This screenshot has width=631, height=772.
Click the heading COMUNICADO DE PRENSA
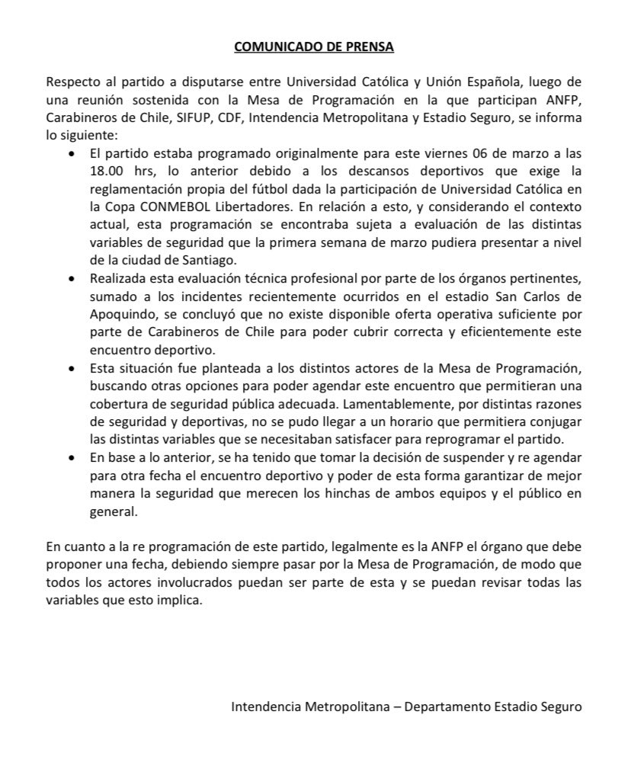click(x=314, y=47)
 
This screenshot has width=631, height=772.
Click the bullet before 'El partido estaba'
click(x=72, y=153)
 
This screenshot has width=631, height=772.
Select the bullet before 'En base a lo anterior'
click(x=72, y=459)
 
